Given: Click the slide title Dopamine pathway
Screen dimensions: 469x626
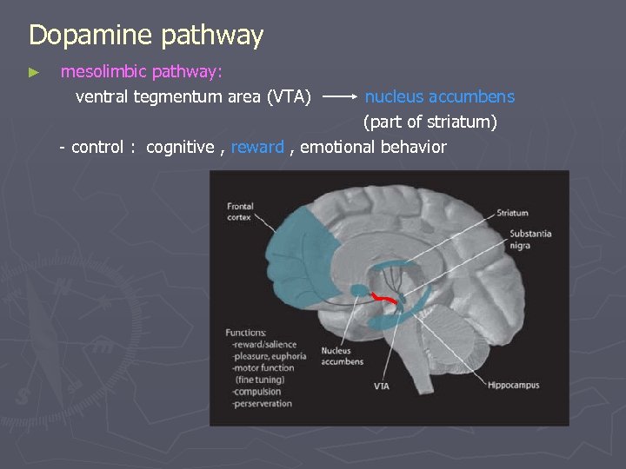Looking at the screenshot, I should pyautogui.click(x=145, y=36).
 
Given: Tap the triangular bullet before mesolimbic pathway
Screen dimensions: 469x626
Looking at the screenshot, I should pyautogui.click(x=34, y=73).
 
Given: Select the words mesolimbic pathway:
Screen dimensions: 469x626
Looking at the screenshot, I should pyautogui.click(x=141, y=73).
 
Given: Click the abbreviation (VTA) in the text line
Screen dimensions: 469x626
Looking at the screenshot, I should pyautogui.click(x=290, y=97).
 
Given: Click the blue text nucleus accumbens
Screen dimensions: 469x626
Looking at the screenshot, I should pyautogui.click(x=439, y=97).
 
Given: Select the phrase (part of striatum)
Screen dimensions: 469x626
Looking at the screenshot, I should pyautogui.click(x=430, y=122).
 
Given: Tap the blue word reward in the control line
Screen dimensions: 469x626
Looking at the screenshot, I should pyautogui.click(x=257, y=147).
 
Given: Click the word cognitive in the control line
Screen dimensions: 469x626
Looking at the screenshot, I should pyautogui.click(x=180, y=147).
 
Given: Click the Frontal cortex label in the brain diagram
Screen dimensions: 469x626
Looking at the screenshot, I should pyautogui.click(x=240, y=212).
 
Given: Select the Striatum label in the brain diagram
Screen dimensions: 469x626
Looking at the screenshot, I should pyautogui.click(x=512, y=213).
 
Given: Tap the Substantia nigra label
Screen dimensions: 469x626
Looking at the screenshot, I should pyautogui.click(x=530, y=239).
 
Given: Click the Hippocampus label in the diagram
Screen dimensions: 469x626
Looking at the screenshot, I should pyautogui.click(x=514, y=385).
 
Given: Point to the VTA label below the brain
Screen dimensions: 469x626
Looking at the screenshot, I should pyautogui.click(x=382, y=386).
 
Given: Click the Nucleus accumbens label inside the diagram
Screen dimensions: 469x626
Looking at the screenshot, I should pyautogui.click(x=342, y=357).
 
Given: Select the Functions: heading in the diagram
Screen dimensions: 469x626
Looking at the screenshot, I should pyautogui.click(x=246, y=332).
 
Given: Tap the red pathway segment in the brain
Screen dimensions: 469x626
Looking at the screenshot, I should pyautogui.click(x=383, y=300).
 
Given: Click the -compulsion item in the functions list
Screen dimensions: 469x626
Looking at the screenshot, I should pyautogui.click(x=259, y=392).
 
